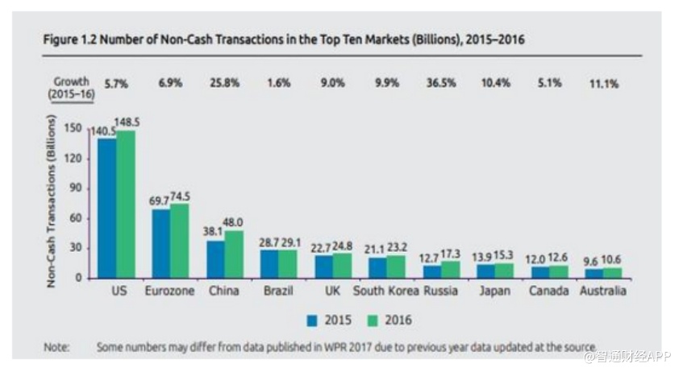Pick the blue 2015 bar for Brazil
click(x=269, y=263)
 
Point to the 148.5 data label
click(x=128, y=122)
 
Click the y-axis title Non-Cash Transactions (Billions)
click(x=52, y=200)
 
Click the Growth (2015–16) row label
click(x=72, y=88)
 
